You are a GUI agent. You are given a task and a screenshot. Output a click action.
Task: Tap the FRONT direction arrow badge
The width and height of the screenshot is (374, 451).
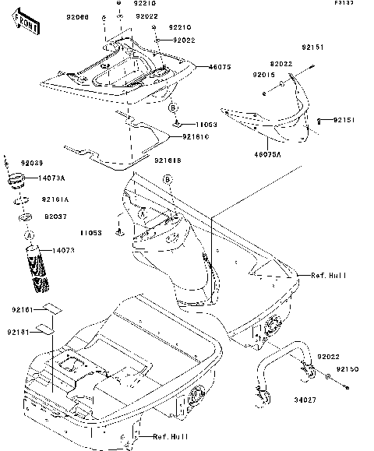coord(26,24)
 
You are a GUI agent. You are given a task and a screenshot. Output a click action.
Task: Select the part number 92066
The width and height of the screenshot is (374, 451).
coord(78,16)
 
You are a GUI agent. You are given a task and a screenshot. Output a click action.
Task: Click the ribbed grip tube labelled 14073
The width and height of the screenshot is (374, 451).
coord(37,268)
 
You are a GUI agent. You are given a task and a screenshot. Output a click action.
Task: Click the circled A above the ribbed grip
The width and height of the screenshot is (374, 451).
coord(29,234)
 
